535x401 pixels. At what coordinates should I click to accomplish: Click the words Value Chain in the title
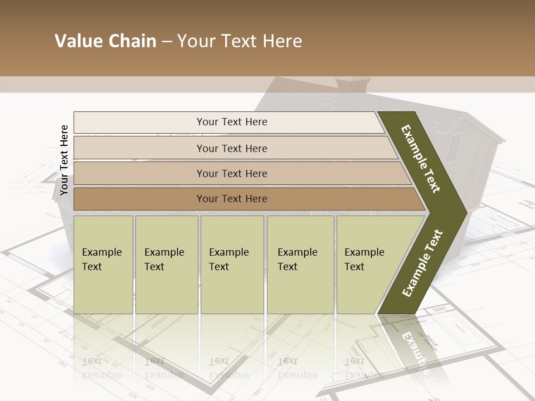(105, 41)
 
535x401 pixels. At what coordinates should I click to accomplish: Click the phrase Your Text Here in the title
(240, 41)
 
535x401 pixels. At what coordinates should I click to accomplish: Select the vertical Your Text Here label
(64, 160)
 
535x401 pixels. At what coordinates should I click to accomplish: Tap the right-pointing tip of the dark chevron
(460, 212)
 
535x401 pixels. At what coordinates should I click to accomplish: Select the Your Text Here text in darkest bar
(232, 199)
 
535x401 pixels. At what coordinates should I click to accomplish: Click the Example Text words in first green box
(101, 260)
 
